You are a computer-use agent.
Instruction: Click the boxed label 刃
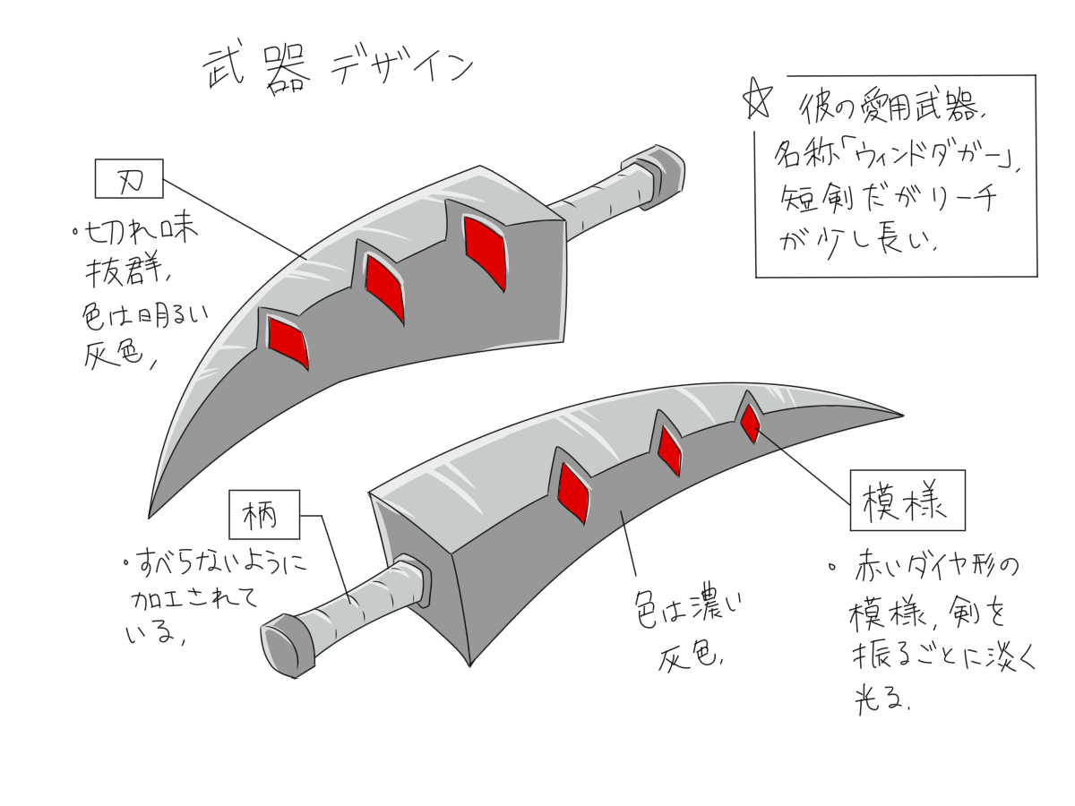pyautogui.click(x=128, y=179)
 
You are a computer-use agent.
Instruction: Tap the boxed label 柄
pyautogui.click(x=262, y=516)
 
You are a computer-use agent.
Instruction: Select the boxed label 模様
pyautogui.click(x=907, y=501)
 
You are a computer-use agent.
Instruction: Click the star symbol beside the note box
pyautogui.click(x=757, y=103)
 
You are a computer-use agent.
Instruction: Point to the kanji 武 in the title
pyautogui.click(x=221, y=72)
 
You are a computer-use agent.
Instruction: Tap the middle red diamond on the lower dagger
pyautogui.click(x=669, y=449)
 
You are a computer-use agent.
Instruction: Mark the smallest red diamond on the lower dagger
pyautogui.click(x=750, y=422)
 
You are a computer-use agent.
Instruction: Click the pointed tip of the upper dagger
pyautogui.click(x=150, y=515)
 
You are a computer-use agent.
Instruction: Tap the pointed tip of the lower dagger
pyautogui.click(x=899, y=415)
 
